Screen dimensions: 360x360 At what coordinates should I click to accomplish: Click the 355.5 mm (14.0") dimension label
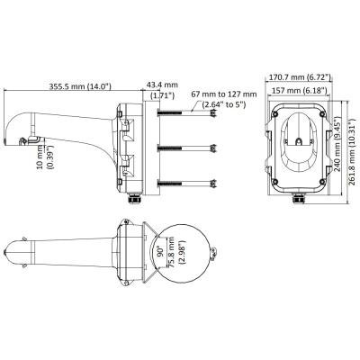[80, 86]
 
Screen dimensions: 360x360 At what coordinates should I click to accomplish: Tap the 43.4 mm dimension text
[162, 85]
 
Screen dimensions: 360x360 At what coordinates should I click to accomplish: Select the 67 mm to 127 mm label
[224, 94]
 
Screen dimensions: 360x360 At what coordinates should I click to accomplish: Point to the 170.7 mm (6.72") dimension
[299, 77]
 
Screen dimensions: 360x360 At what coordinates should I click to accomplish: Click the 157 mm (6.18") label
[299, 90]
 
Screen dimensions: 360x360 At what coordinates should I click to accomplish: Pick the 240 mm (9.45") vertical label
[338, 146]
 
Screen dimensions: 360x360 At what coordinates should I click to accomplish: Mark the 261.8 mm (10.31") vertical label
[354, 152]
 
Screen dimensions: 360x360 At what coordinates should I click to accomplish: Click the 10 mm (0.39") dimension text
[45, 157]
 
